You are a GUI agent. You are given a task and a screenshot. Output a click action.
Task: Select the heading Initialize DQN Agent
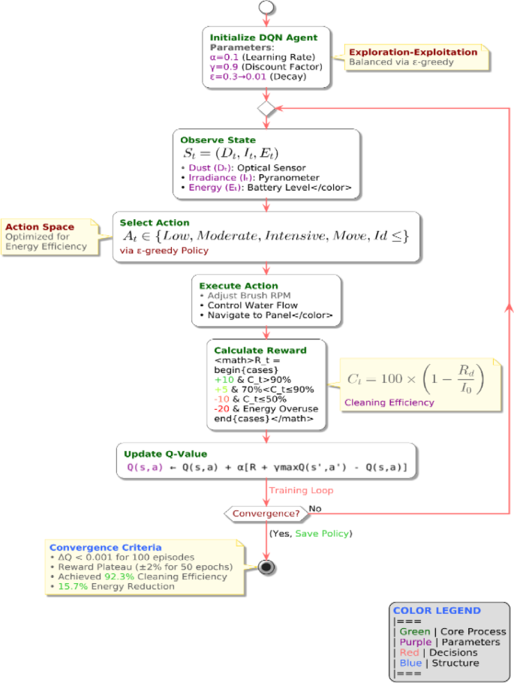(263, 38)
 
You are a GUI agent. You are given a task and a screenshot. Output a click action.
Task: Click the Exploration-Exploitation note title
(413, 52)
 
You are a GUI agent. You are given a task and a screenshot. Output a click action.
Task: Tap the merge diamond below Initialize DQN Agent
(266, 109)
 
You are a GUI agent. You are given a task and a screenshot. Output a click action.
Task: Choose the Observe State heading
(218, 140)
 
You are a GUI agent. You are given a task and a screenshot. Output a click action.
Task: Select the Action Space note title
(40, 227)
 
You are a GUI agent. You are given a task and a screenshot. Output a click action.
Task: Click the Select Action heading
(155, 223)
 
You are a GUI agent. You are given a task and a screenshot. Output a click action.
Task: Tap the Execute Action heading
(238, 286)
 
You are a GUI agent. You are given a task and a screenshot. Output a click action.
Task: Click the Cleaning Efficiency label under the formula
(389, 402)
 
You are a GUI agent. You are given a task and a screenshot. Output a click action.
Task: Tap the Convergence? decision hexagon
(266, 513)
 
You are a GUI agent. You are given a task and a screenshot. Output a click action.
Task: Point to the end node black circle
(266, 565)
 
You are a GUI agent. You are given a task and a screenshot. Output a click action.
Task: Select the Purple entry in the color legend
(414, 642)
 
